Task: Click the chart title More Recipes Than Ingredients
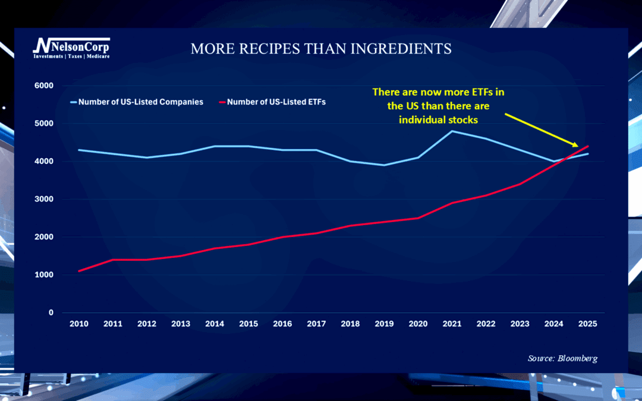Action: pos(321,49)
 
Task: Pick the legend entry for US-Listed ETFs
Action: pos(276,102)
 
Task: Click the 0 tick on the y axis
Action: pos(51,312)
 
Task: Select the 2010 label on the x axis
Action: pos(78,324)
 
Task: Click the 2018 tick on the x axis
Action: pos(350,324)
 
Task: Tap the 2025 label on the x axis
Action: pos(588,324)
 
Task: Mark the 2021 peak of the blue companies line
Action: pos(452,131)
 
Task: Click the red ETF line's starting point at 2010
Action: pos(78,271)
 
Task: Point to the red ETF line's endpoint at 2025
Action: pos(588,146)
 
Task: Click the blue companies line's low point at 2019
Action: pos(384,165)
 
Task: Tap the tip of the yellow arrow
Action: pos(578,146)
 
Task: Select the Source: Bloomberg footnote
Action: pos(562,358)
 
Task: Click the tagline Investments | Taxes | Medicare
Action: pos(71,56)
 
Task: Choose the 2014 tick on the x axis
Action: pos(215,324)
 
